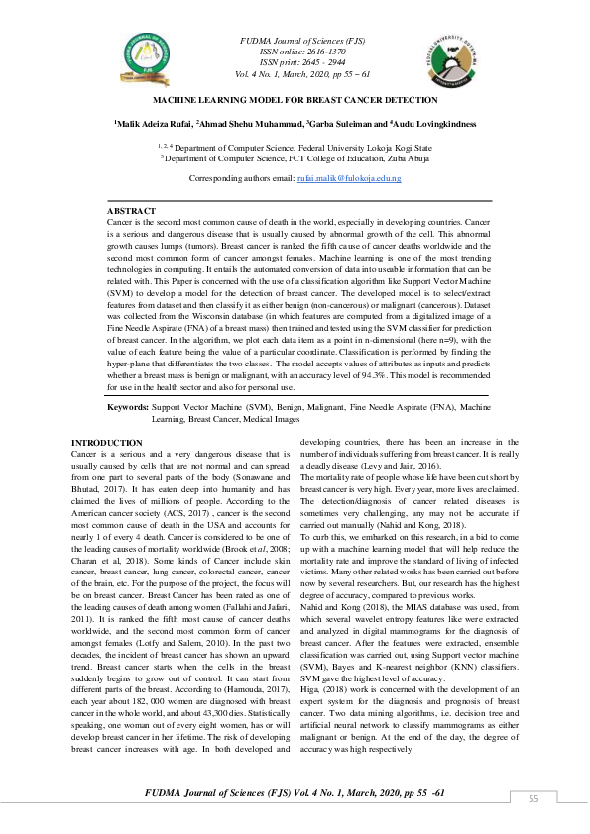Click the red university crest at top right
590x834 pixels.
pos(452,57)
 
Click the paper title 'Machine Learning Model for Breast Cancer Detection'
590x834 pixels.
pos(295,101)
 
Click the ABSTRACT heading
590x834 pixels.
pos(131,212)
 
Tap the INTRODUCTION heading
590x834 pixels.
pos(107,442)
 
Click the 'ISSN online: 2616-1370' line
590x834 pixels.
pos(296,51)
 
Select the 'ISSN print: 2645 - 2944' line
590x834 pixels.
pos(296,62)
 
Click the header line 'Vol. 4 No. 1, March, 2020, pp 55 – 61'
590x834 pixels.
pos(296,74)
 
